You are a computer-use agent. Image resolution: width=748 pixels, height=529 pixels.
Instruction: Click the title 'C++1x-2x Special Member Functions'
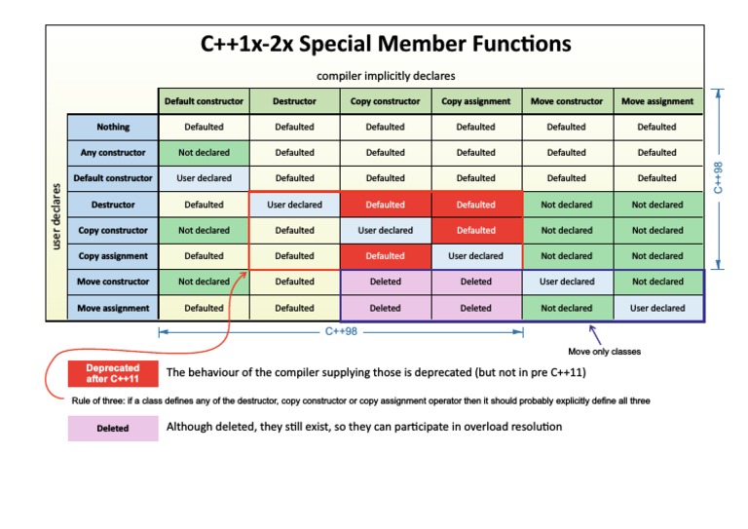tap(386, 44)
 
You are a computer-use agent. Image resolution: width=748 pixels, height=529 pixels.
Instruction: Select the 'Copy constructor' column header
tap(386, 101)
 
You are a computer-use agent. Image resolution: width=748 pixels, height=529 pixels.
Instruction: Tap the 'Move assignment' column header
tap(657, 101)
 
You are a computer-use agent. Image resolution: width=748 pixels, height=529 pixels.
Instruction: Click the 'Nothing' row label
tap(113, 127)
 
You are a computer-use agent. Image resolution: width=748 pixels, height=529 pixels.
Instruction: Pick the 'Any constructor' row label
tap(113, 153)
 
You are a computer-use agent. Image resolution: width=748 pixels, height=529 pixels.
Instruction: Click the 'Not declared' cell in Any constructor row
tap(205, 153)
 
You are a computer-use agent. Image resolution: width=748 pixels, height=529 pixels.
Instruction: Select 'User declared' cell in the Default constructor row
tap(205, 178)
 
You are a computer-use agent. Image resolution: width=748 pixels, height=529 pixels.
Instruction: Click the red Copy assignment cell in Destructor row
tap(476, 205)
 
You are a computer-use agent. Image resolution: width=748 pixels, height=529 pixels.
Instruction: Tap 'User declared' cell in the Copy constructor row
tap(386, 230)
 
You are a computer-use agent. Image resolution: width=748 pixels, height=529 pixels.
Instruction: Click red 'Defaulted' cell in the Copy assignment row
tap(386, 256)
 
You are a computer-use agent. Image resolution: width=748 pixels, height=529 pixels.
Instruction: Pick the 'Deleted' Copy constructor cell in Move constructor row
tap(386, 282)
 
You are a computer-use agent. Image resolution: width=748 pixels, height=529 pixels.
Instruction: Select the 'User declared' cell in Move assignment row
tap(657, 308)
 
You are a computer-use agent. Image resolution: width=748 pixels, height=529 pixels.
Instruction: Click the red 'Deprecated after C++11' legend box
tap(113, 373)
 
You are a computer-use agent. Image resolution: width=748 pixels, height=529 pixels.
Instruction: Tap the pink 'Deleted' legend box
tap(113, 429)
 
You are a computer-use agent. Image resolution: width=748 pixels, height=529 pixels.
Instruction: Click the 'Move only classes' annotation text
tap(605, 352)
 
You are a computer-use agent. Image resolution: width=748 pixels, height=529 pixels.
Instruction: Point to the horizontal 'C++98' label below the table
tap(341, 331)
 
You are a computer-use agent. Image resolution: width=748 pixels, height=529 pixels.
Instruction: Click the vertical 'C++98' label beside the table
tap(718, 178)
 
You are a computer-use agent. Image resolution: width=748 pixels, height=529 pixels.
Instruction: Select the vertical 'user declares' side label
tap(56, 216)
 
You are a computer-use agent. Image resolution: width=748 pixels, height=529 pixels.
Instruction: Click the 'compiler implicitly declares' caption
tap(386, 76)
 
